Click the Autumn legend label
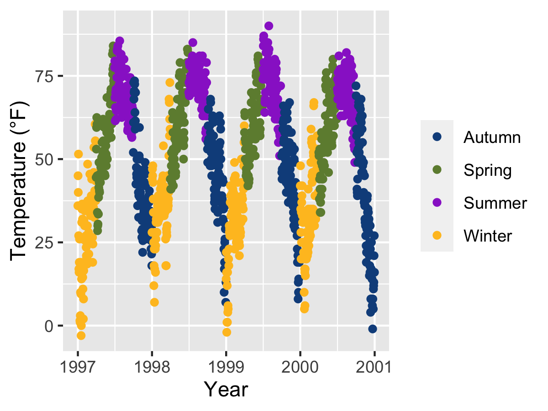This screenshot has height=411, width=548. [492, 137]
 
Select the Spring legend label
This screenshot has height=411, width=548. [487, 170]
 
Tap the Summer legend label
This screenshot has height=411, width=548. [495, 203]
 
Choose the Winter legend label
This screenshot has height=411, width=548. [488, 236]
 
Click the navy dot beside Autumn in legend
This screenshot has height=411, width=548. [437, 137]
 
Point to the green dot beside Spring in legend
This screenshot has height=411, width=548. [437, 170]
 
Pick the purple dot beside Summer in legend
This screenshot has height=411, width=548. [437, 203]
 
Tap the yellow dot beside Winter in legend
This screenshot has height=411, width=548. [437, 236]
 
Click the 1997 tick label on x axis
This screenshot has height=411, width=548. [78, 367]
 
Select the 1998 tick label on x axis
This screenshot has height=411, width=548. [152, 367]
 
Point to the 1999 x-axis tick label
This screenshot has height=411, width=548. [226, 367]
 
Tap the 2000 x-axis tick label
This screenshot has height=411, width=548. [300, 367]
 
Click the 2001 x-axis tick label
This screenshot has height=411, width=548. [374, 367]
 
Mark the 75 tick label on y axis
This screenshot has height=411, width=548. [45, 76]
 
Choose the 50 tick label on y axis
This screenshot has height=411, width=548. [45, 159]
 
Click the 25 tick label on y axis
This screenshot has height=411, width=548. [45, 242]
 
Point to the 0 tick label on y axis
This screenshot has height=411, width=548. [49, 326]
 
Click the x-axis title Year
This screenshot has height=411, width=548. [226, 390]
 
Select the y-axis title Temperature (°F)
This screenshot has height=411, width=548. [19, 181]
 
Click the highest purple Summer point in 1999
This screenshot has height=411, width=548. [269, 26]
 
